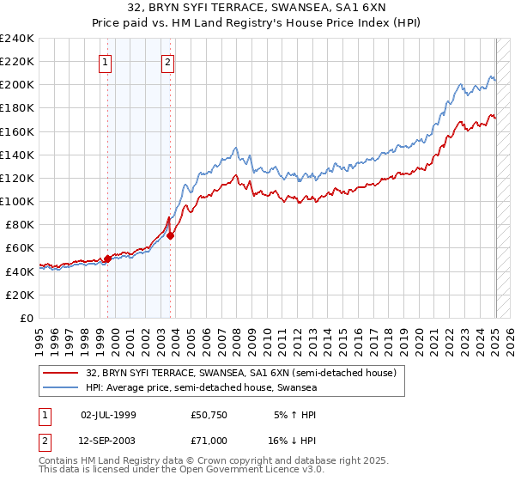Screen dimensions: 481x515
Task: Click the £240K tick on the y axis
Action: point(17,39)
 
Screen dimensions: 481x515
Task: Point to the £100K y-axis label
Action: point(17,201)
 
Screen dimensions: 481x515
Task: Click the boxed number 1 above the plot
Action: point(105,61)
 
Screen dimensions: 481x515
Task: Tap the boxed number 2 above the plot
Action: point(167,61)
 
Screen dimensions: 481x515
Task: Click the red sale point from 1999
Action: point(107,259)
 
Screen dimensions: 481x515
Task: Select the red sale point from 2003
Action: point(171,235)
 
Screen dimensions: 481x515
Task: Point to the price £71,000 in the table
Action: point(209,440)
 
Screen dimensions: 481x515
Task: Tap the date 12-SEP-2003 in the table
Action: point(109,440)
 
